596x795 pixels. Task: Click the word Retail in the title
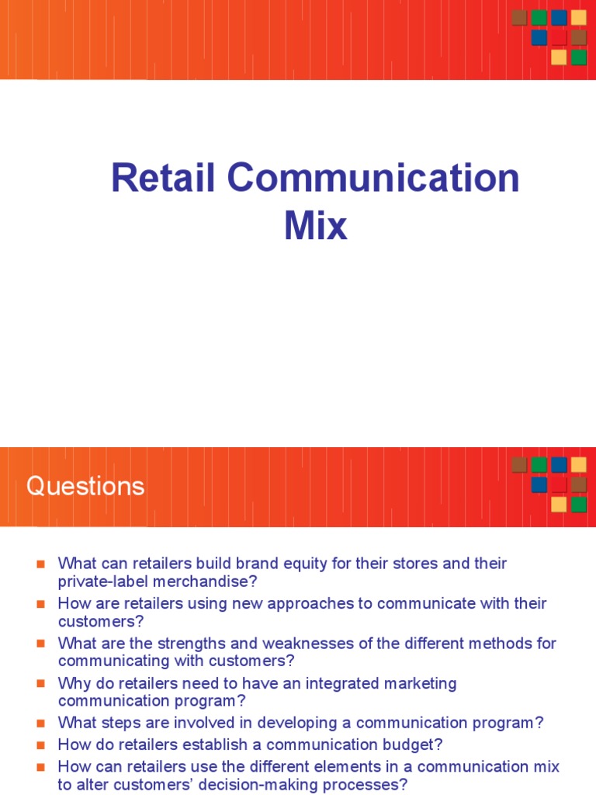click(165, 179)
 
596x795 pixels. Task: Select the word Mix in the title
click(315, 226)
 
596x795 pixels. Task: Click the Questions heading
click(85, 486)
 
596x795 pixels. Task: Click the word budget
click(410, 745)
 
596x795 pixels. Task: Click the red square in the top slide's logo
click(559, 37)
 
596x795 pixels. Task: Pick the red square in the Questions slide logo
click(559, 484)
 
